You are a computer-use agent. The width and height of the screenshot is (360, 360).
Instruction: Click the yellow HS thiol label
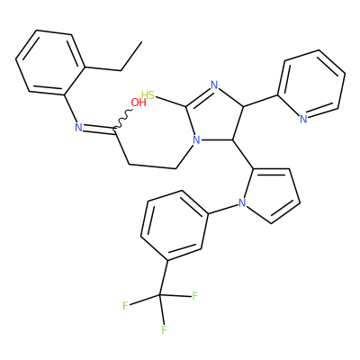click(148, 95)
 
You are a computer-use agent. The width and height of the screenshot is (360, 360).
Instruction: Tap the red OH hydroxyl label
click(139, 103)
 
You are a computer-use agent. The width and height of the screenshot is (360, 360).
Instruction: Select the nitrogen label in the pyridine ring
click(303, 119)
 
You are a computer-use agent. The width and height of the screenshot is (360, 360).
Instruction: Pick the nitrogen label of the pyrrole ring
click(242, 203)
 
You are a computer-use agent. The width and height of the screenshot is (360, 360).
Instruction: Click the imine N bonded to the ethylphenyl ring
click(78, 128)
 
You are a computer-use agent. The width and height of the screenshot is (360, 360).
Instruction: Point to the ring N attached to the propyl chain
click(196, 139)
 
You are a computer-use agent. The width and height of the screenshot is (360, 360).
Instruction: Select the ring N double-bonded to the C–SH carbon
click(214, 85)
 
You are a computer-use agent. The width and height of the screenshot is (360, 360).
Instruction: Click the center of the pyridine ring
click(311, 85)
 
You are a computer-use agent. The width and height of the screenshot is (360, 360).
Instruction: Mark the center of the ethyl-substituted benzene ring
click(50, 63)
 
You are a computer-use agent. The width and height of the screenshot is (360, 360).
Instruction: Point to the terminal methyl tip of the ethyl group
click(141, 41)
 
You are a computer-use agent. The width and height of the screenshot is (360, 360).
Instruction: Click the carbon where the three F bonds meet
click(159, 295)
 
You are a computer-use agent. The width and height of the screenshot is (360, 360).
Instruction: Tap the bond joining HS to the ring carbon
click(171, 102)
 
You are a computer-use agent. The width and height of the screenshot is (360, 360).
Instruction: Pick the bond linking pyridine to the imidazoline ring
click(260, 101)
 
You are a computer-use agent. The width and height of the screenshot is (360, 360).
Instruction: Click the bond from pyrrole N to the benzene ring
click(224, 209)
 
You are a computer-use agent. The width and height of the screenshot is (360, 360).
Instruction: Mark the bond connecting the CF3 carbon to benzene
click(163, 278)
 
